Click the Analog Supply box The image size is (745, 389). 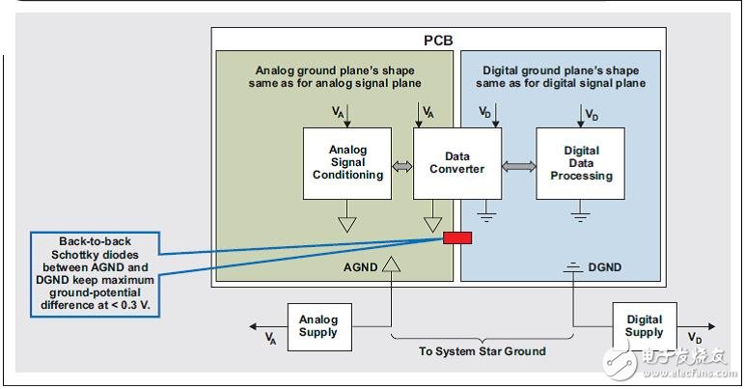tap(317, 326)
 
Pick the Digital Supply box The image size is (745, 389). tap(645, 326)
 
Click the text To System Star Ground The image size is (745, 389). tap(482, 352)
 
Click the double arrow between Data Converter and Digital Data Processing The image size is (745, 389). tap(518, 167)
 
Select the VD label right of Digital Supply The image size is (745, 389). tap(694, 338)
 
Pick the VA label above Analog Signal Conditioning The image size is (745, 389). tap(338, 113)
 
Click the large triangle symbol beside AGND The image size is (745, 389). tap(390, 263)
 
